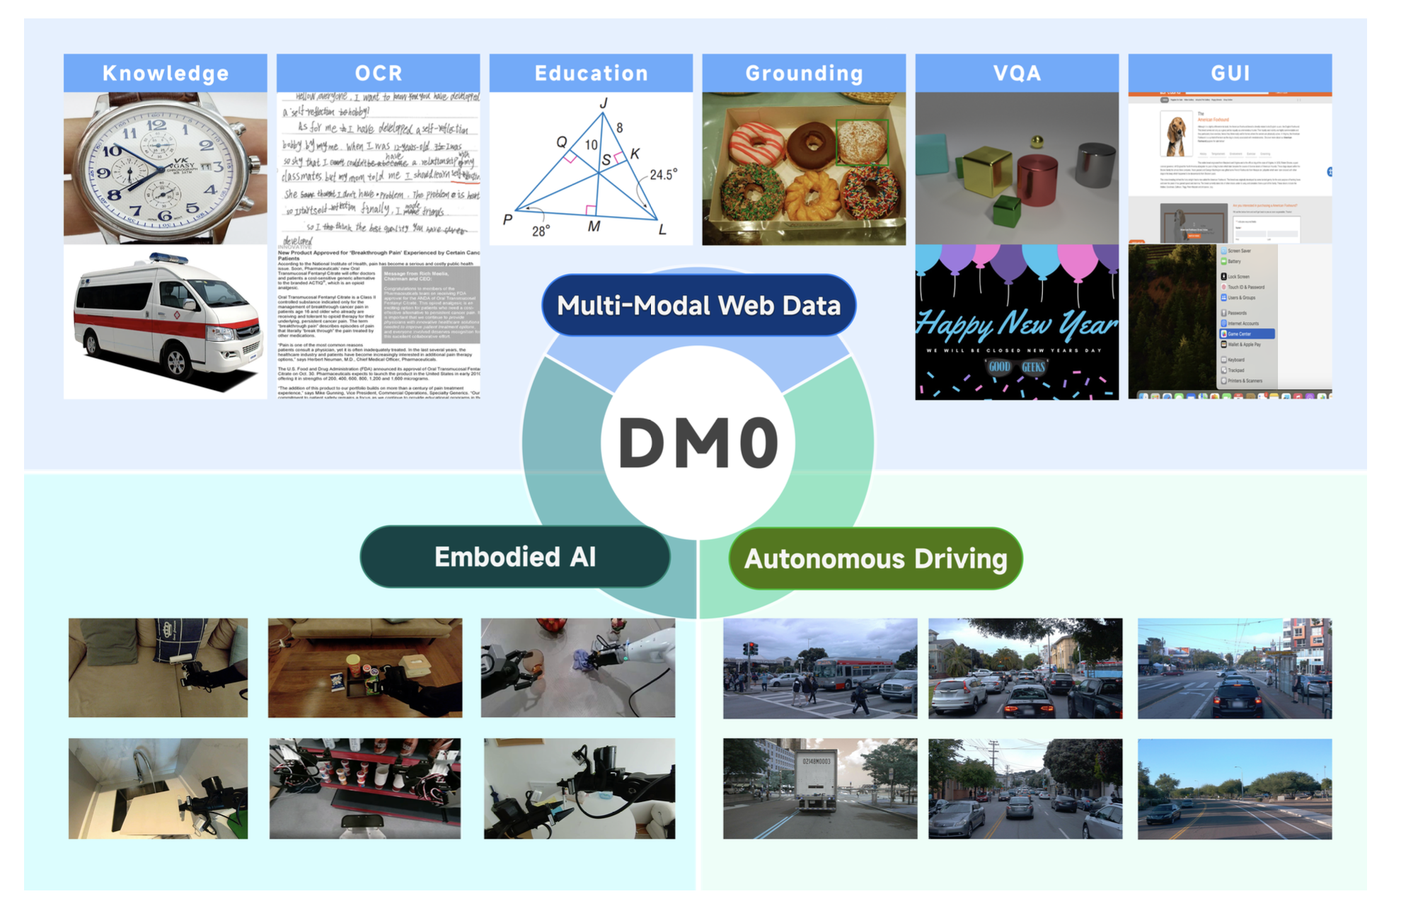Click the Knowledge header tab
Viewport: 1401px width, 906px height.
(166, 73)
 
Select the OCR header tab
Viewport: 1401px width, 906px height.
(379, 73)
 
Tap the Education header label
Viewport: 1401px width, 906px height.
(591, 73)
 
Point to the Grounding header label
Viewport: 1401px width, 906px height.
(804, 73)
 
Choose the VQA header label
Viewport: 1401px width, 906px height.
(1017, 73)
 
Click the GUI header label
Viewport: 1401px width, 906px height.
(1230, 73)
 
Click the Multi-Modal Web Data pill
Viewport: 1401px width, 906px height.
(699, 306)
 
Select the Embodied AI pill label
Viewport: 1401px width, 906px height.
(515, 557)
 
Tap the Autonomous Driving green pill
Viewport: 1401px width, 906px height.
(875, 558)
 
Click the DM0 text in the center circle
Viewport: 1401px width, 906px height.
(698, 443)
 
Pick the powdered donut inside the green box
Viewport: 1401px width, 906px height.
(862, 142)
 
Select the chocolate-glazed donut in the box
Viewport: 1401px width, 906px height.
(812, 144)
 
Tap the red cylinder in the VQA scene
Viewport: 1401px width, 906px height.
(1037, 180)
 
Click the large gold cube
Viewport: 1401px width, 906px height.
(986, 170)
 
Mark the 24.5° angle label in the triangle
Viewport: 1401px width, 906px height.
(663, 174)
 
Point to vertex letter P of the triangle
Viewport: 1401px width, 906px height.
(507, 219)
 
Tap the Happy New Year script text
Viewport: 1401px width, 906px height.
(1017, 325)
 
